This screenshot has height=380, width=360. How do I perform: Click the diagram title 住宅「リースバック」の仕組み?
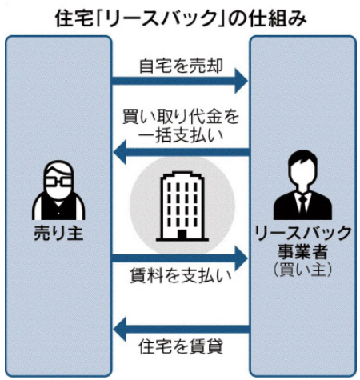(x=181, y=18)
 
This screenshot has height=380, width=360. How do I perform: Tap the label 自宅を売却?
(x=181, y=66)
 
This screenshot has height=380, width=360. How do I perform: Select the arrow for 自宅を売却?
(x=180, y=81)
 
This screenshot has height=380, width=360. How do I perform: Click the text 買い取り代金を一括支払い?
(x=181, y=126)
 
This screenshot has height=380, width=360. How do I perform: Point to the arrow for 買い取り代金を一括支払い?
(x=182, y=153)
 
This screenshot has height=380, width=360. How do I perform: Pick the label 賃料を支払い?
(x=181, y=275)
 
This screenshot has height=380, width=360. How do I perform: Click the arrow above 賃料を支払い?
(x=180, y=258)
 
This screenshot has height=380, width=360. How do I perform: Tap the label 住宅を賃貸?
(x=181, y=346)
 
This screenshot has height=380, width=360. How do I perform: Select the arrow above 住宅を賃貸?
(x=182, y=330)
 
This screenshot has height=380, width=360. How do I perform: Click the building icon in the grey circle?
(x=182, y=206)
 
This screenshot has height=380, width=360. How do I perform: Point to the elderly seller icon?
(x=58, y=190)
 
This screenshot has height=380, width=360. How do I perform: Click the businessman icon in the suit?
(x=302, y=185)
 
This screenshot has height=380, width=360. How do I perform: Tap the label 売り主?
(x=58, y=233)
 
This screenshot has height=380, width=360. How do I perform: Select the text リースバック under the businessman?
(x=303, y=233)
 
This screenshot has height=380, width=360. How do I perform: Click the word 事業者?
(x=302, y=252)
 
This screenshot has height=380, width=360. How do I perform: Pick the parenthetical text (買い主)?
(x=303, y=270)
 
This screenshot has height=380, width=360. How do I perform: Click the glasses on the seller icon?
(x=58, y=182)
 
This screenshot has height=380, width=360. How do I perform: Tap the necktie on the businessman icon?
(x=302, y=205)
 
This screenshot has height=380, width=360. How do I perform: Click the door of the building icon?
(x=182, y=234)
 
